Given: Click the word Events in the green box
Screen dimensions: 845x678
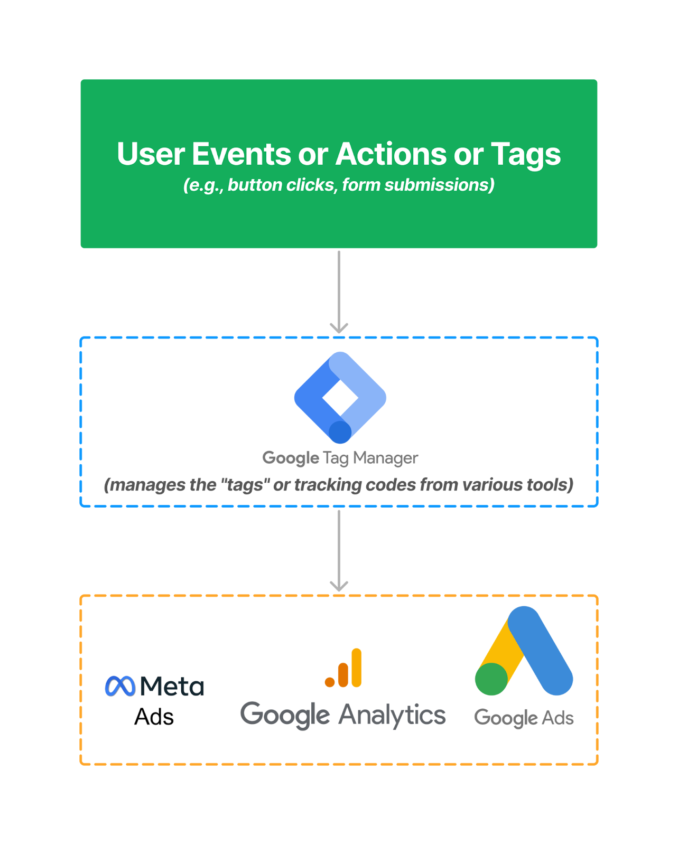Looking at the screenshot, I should (x=240, y=154).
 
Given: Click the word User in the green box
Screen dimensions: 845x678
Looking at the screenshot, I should (x=151, y=154).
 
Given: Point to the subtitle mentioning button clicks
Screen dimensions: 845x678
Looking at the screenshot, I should (x=339, y=185).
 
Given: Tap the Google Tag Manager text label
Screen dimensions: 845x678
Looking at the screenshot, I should (x=340, y=458).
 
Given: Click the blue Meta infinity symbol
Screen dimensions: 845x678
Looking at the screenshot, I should (x=120, y=686).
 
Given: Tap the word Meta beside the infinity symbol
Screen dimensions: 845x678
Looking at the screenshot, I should (x=172, y=687).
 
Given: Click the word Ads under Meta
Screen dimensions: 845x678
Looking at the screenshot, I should (x=154, y=717).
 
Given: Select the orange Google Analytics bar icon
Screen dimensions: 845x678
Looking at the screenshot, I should (x=344, y=668).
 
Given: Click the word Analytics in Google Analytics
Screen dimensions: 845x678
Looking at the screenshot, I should (x=392, y=715).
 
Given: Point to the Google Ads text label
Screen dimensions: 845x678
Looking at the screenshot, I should (x=524, y=718).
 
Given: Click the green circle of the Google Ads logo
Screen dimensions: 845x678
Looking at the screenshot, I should (x=491, y=679).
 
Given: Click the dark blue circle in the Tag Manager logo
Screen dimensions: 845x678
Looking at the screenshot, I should (x=340, y=432).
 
